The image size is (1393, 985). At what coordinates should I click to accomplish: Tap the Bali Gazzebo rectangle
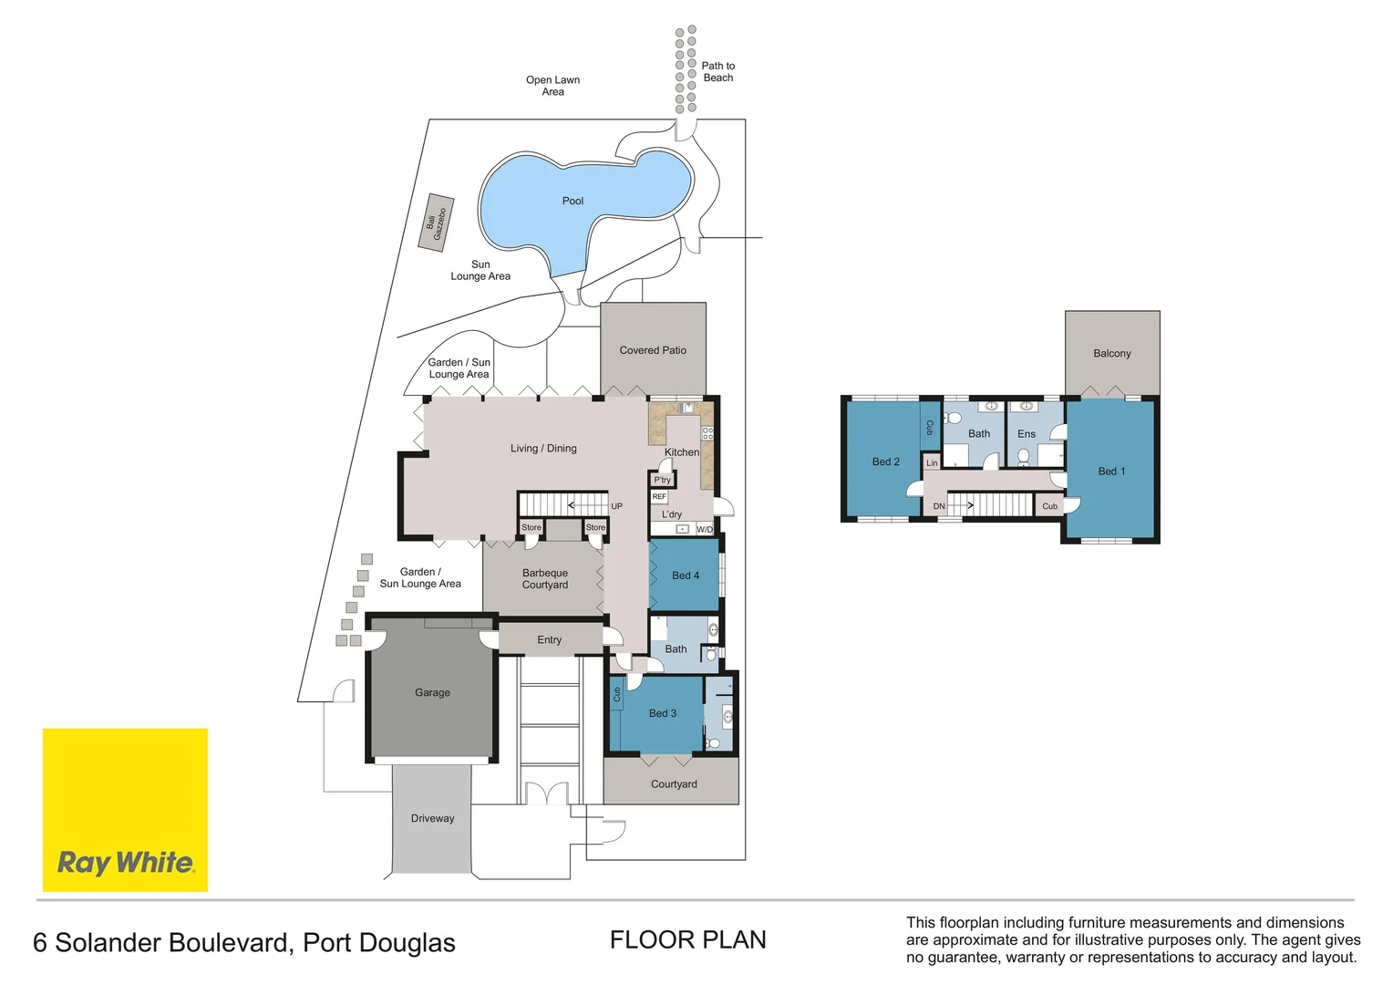(x=436, y=223)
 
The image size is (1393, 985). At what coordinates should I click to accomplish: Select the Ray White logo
(x=125, y=810)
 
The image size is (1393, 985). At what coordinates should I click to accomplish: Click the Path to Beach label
(x=717, y=72)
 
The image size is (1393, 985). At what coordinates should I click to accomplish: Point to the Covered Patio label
(x=653, y=350)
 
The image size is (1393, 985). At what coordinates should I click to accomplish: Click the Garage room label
(x=432, y=693)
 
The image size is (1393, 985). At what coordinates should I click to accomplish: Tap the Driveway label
(x=432, y=819)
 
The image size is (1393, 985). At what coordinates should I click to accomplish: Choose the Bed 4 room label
(x=686, y=575)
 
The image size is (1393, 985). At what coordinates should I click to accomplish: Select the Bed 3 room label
(x=663, y=713)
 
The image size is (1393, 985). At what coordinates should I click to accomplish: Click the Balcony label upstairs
(x=1111, y=354)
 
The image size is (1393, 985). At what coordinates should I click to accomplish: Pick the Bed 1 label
(x=1111, y=472)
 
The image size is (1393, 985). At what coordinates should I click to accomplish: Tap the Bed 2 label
(x=885, y=461)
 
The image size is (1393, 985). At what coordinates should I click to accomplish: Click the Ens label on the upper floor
(x=1027, y=434)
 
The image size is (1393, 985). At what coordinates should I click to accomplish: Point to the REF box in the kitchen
(x=659, y=497)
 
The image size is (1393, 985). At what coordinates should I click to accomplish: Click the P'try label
(x=662, y=480)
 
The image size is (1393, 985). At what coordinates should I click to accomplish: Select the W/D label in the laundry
(x=705, y=530)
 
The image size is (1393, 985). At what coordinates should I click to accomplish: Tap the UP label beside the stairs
(x=617, y=506)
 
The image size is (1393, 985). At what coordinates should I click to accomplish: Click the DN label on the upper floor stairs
(x=939, y=506)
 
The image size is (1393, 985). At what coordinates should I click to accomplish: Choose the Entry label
(x=549, y=640)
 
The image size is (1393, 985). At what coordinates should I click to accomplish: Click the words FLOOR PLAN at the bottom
(x=687, y=940)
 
